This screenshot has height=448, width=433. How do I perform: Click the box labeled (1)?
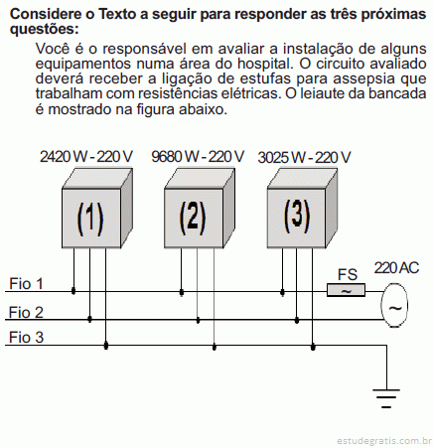(97, 209)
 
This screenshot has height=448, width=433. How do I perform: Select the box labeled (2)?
(200, 209)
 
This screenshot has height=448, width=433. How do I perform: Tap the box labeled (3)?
(302, 209)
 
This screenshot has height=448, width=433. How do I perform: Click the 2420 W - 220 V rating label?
(86, 157)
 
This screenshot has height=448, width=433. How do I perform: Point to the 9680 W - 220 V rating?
(198, 157)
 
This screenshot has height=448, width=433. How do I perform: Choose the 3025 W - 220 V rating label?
(304, 158)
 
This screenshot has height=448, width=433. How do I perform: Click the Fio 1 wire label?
(26, 284)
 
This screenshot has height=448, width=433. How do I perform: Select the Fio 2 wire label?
(26, 312)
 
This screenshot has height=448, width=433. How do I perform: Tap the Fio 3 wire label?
(26, 338)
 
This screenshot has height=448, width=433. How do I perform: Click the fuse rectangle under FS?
(346, 290)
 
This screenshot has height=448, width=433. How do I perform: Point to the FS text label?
(348, 275)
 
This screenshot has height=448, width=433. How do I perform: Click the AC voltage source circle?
(394, 305)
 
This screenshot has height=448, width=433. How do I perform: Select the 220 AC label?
(396, 268)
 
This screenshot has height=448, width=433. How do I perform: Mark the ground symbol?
(386, 398)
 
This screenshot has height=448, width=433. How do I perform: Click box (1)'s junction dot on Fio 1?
(73, 291)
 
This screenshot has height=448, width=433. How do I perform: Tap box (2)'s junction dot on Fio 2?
(198, 320)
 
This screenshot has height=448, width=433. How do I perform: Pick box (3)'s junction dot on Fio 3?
(313, 347)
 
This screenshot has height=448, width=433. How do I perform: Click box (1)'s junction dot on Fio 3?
(106, 346)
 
